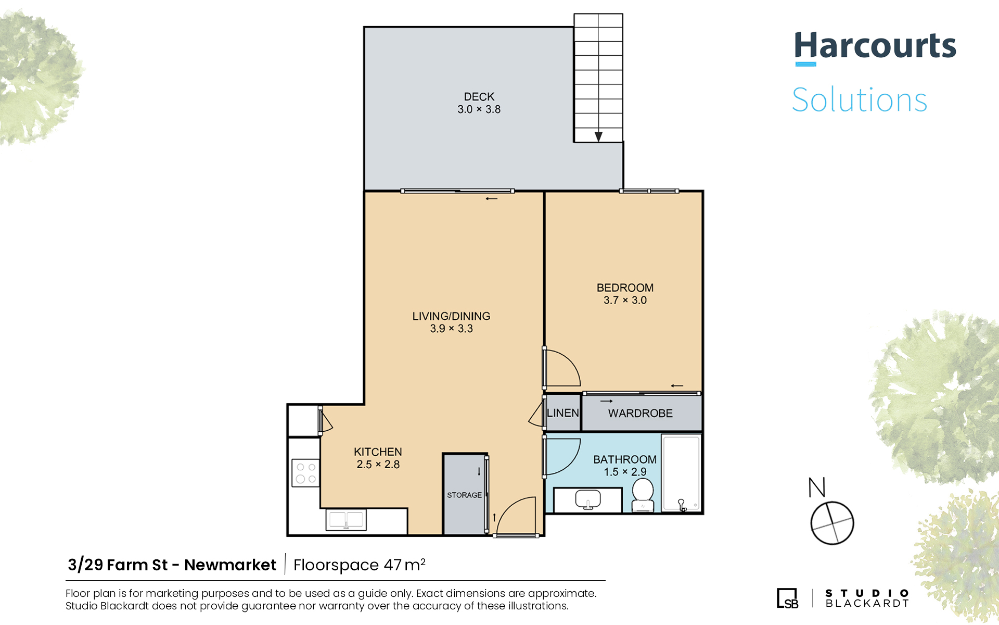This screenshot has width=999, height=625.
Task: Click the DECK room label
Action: click(479, 97)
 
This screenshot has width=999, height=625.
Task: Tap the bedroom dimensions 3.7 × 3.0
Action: click(625, 301)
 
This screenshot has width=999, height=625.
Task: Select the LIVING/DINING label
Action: click(451, 316)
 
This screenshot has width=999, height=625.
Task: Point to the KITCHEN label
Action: click(378, 452)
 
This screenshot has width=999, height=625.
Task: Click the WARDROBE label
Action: click(641, 414)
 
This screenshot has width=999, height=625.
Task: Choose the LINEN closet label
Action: click(563, 413)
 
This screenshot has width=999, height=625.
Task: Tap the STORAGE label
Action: click(464, 495)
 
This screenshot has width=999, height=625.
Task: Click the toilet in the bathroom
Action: click(643, 495)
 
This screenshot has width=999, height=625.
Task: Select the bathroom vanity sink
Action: click(588, 499)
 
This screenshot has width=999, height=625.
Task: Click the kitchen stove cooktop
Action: click(305, 473)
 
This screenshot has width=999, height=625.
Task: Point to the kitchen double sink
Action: click(346, 520)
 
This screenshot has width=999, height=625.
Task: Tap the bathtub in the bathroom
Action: click(682, 473)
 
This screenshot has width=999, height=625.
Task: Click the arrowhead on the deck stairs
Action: click(598, 137)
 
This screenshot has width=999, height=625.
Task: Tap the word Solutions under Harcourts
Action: click(860, 99)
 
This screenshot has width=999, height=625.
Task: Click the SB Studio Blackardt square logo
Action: click(787, 598)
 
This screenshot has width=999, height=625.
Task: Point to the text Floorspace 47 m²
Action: click(360, 565)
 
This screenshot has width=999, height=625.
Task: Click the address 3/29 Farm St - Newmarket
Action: click(172, 565)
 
